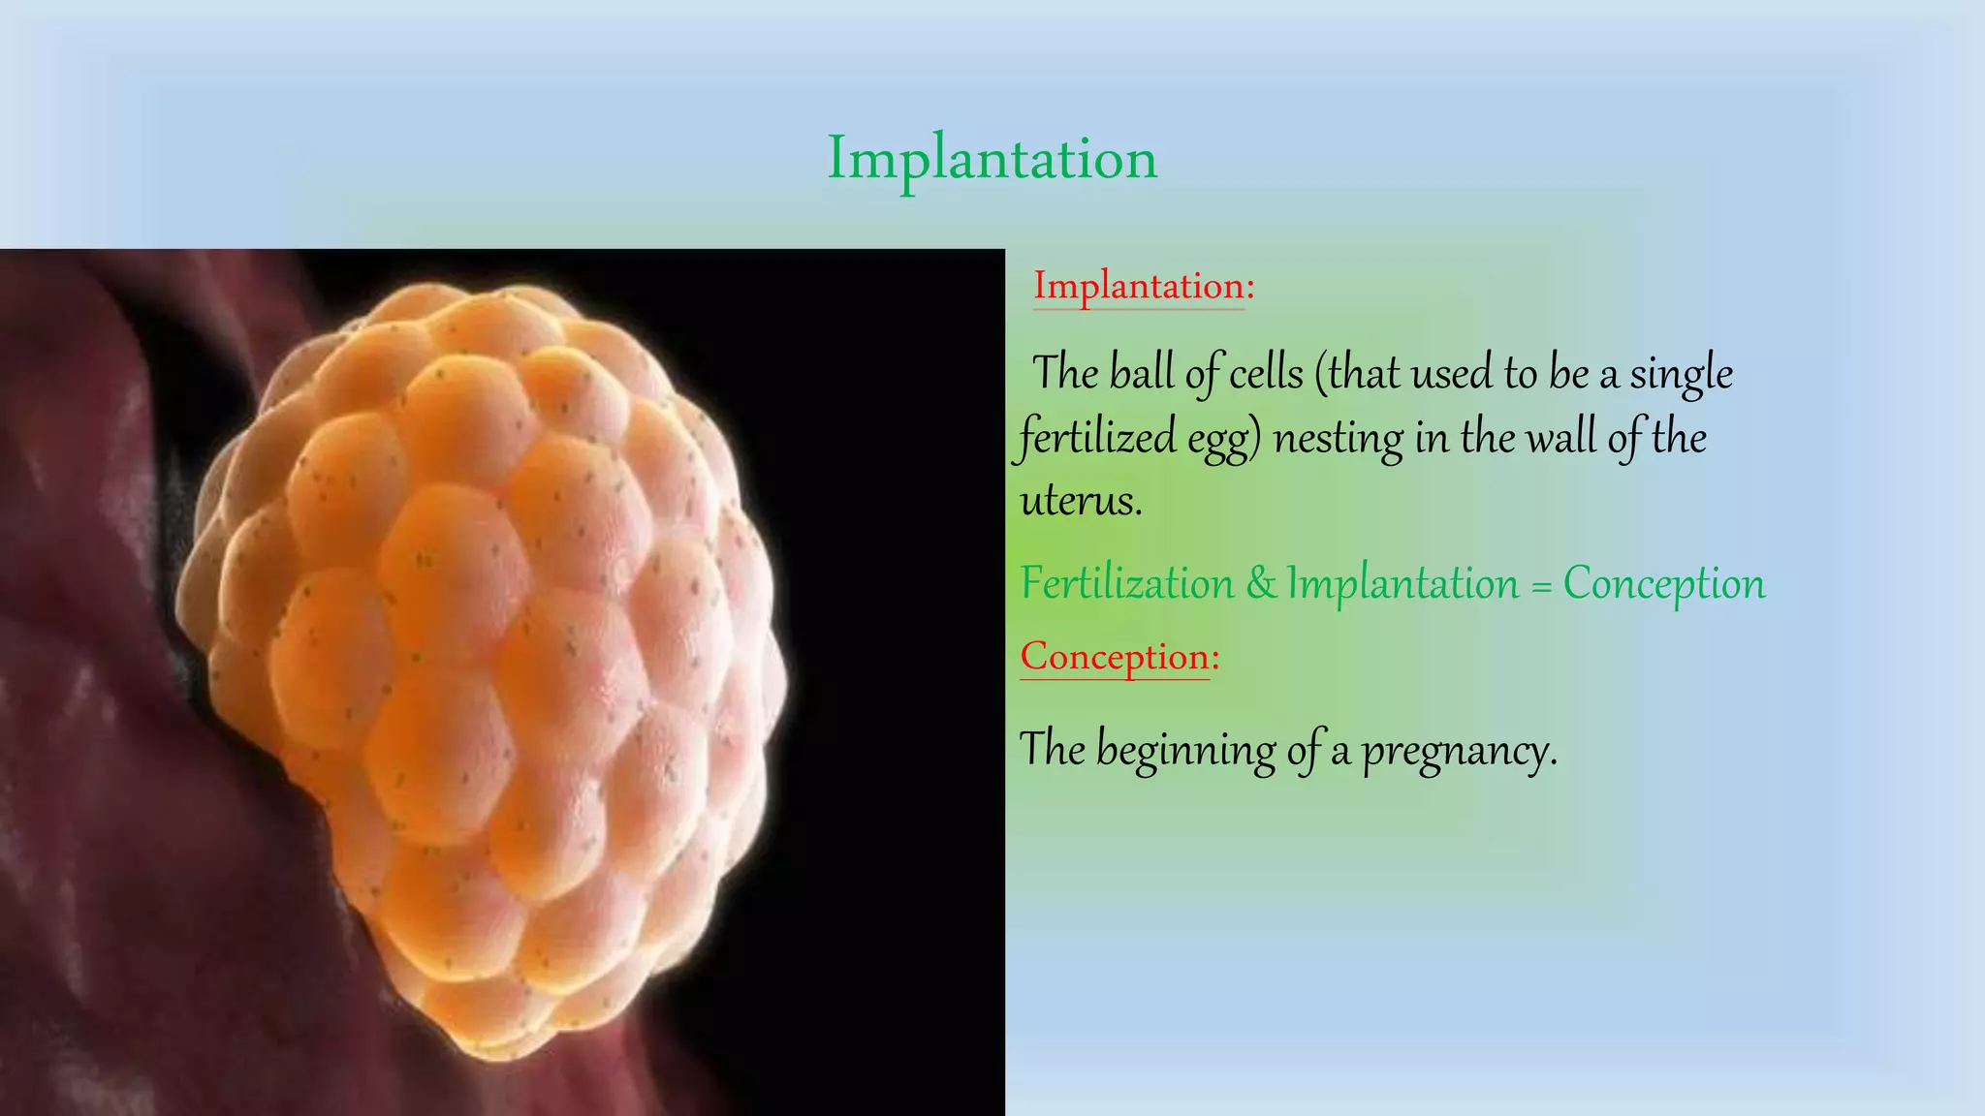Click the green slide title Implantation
(992, 158)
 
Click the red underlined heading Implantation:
(1143, 286)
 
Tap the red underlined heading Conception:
(1119, 657)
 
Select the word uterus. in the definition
(1081, 501)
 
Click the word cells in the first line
(1266, 374)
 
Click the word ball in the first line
(1141, 374)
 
